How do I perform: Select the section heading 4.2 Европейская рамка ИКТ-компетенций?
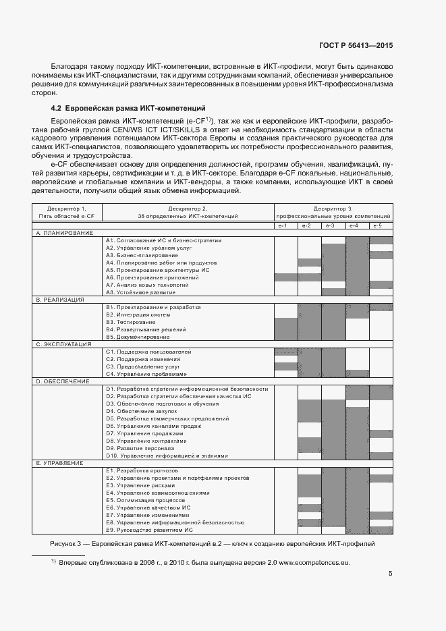coord(128,108)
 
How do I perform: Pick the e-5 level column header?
coord(381,225)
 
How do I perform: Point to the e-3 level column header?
coord(333,225)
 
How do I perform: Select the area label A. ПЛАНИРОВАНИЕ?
coord(65,232)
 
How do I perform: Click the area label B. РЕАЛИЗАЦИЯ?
coord(61,299)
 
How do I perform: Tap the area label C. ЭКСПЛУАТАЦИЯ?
coord(64,344)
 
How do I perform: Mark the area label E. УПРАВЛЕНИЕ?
coord(60,463)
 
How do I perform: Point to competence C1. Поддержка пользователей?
coord(148,352)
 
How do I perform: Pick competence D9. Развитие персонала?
coord(140,448)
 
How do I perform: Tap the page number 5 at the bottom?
coord(390,574)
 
